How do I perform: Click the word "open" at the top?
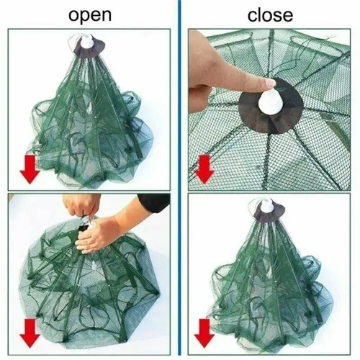click(x=90, y=14)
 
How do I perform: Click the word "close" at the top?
click(x=270, y=14)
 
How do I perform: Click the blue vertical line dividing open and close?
click(x=179, y=180)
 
